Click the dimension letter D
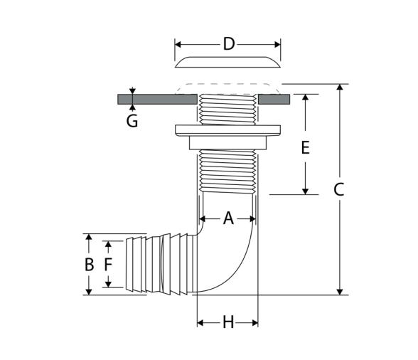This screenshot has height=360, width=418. (x=229, y=44)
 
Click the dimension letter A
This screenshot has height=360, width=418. (x=228, y=218)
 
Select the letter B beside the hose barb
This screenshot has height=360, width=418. (x=89, y=265)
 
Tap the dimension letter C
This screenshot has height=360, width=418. (x=339, y=190)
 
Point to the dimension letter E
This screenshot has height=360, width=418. (x=305, y=147)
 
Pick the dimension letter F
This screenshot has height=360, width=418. (x=108, y=265)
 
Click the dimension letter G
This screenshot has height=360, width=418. (x=132, y=121)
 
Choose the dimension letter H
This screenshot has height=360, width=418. (x=228, y=322)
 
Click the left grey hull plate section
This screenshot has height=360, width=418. (x=157, y=100)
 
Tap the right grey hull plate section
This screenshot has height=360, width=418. (x=274, y=100)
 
